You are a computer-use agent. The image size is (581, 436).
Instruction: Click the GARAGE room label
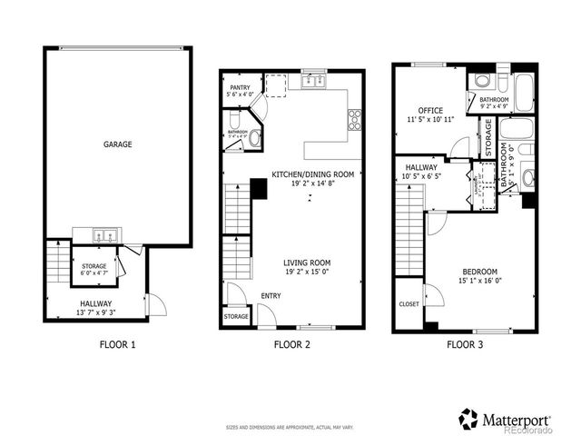pyautogui.click(x=117, y=144)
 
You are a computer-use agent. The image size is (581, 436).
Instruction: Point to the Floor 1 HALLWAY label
pyautogui.click(x=94, y=304)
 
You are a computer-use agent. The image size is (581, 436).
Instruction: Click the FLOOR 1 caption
pyautogui.click(x=117, y=345)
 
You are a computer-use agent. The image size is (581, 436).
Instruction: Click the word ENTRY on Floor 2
pyautogui.click(x=271, y=296)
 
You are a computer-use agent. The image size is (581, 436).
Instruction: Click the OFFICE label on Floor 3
pyautogui.click(x=430, y=111)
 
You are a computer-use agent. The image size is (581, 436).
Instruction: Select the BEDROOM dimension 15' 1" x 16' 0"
pyautogui.click(x=480, y=281)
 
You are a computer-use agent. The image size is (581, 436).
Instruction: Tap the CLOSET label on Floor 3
pyautogui.click(x=409, y=304)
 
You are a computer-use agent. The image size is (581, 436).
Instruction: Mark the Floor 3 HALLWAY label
pyautogui.click(x=421, y=167)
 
